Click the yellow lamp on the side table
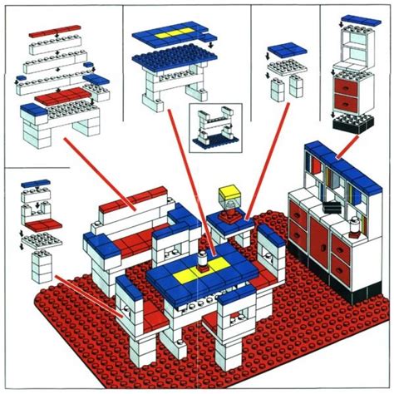click(225, 198)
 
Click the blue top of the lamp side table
click(229, 219)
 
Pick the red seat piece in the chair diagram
click(36, 225)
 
